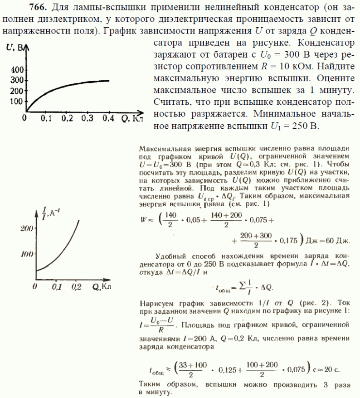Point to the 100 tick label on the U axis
click(x=15, y=101)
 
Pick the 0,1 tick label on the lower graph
click(x=56, y=287)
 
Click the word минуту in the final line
click(x=154, y=393)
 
